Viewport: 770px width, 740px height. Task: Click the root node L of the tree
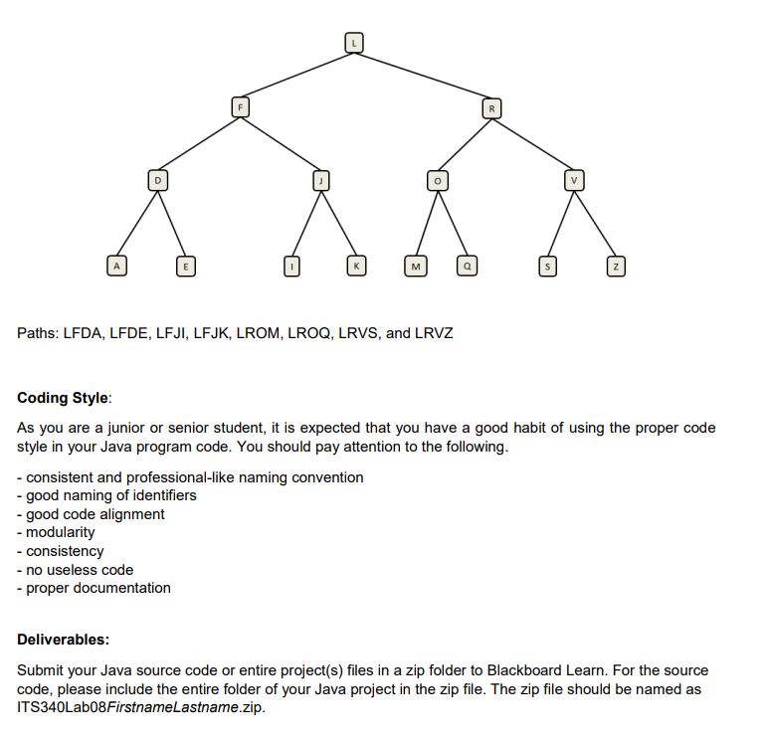[354, 42]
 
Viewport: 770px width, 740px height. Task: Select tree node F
[239, 105]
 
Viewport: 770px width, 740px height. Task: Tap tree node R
[490, 105]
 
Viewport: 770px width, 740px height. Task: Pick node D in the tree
[155, 180]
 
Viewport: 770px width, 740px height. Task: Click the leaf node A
[117, 267]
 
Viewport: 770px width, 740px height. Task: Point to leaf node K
[354, 267]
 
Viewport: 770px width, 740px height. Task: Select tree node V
[573, 180]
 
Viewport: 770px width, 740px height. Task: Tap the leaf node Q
[466, 267]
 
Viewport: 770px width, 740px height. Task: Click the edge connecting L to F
[296, 74]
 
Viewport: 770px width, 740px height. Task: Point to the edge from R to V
[531, 142]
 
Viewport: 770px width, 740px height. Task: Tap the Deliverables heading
[64, 639]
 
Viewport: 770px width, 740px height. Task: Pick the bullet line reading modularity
[61, 532]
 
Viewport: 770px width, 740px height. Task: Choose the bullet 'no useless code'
[80, 570]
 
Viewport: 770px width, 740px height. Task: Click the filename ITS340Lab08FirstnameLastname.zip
[139, 707]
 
